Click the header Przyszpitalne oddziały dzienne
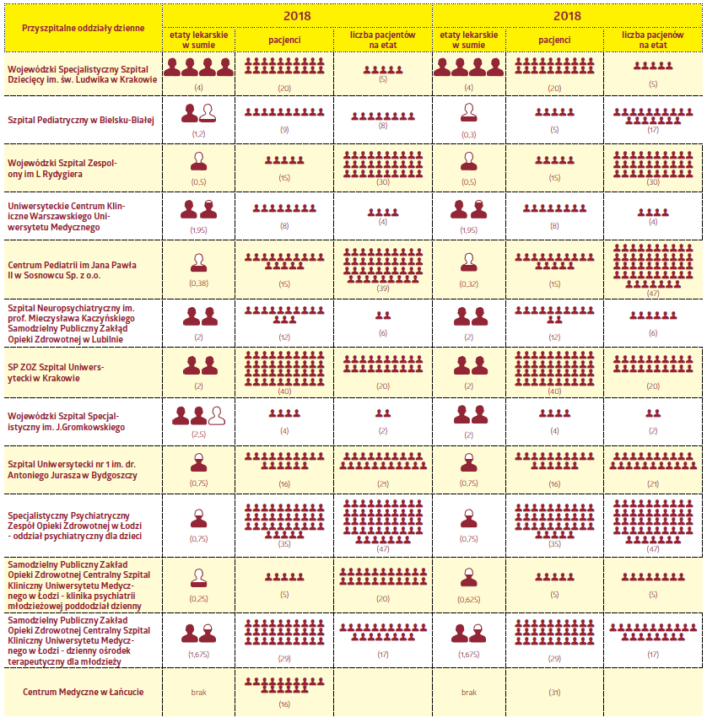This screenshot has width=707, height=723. coord(83,28)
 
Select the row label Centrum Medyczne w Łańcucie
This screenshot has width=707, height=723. coord(83,692)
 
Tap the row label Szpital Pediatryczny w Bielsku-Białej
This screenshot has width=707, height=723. coord(81,121)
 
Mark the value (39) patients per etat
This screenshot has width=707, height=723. coord(383,289)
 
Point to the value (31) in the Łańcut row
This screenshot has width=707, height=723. coord(554,692)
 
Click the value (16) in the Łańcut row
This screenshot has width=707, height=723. coord(284,704)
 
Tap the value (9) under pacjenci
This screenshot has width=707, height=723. coord(284,130)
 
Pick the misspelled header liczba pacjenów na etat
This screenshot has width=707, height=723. coord(652,40)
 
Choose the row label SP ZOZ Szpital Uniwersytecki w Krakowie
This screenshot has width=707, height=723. coord(56,373)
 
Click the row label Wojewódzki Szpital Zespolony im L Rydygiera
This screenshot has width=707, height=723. coord(62,168)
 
